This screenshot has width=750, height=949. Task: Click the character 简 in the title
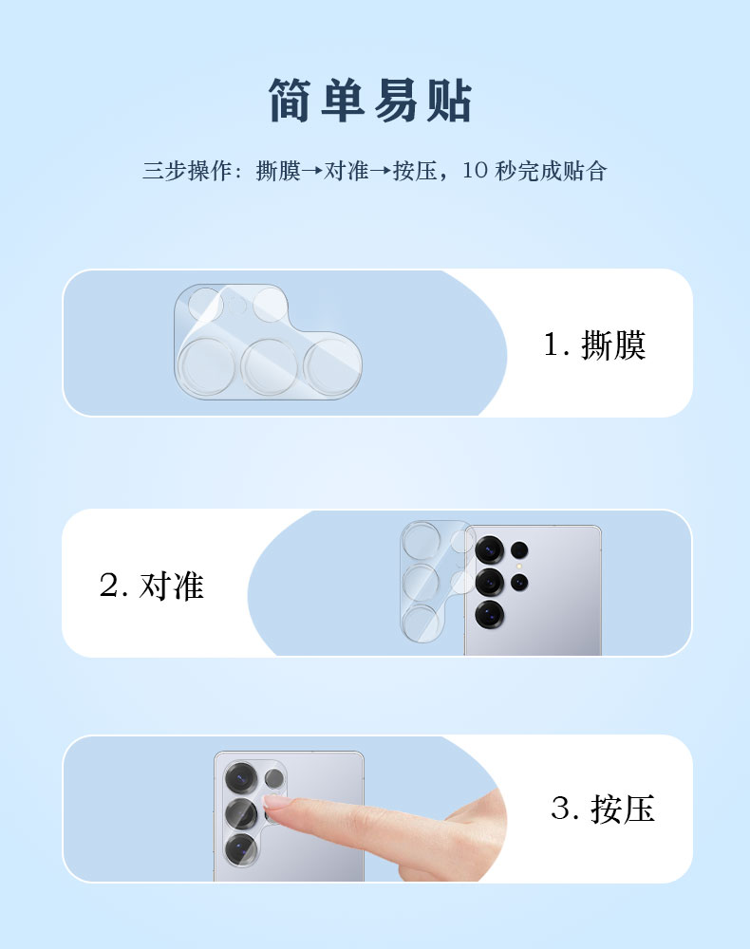(x=290, y=101)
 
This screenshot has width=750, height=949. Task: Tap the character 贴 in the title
(x=448, y=101)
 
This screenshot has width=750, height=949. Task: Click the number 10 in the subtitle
(x=476, y=171)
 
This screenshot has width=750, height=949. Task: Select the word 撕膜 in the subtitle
(x=278, y=171)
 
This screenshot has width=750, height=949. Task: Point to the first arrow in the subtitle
(x=312, y=171)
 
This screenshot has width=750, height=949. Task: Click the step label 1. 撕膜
(x=594, y=345)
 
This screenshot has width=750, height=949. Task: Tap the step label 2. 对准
(x=151, y=586)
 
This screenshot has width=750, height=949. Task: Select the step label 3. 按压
(x=603, y=809)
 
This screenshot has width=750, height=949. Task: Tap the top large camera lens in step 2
(x=490, y=550)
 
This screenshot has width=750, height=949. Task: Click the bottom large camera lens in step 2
(x=490, y=614)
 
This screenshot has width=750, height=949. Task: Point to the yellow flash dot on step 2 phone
(x=518, y=567)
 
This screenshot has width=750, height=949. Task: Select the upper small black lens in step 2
(x=519, y=550)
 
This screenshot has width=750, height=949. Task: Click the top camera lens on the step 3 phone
(x=241, y=778)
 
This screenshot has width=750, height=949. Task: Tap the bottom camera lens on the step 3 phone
(x=241, y=848)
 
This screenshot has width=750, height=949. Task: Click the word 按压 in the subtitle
(x=415, y=171)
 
